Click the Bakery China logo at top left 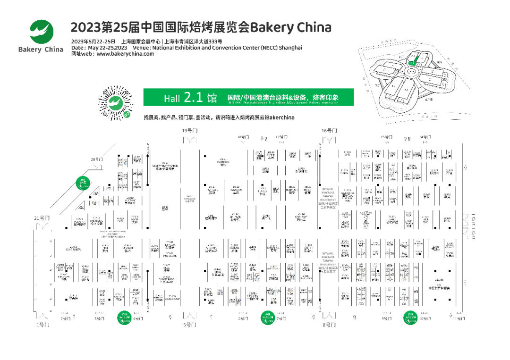[41, 35]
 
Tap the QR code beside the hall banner [115, 103]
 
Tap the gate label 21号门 [42, 218]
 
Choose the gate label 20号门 [97, 159]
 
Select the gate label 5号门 [188, 325]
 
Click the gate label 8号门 [329, 325]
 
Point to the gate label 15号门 [386, 137]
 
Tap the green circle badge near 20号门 [84, 182]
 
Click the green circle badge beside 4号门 [125, 318]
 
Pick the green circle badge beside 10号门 [410, 318]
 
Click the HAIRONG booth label [223, 161]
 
